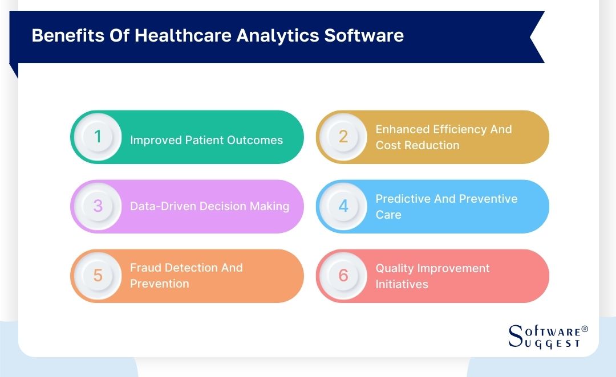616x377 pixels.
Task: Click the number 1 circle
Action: click(x=98, y=137)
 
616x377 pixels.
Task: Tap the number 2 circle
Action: click(x=343, y=137)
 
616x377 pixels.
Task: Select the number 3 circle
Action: click(x=98, y=206)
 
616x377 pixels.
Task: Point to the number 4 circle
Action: click(x=343, y=206)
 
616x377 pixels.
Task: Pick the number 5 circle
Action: click(x=98, y=276)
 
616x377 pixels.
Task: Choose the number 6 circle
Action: click(x=343, y=276)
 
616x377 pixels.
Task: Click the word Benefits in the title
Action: click(x=60, y=36)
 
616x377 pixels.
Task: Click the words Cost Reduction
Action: click(x=417, y=145)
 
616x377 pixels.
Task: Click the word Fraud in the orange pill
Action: click(x=146, y=268)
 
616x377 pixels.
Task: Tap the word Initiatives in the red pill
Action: click(x=402, y=284)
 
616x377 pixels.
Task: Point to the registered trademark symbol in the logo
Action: click(x=584, y=330)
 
